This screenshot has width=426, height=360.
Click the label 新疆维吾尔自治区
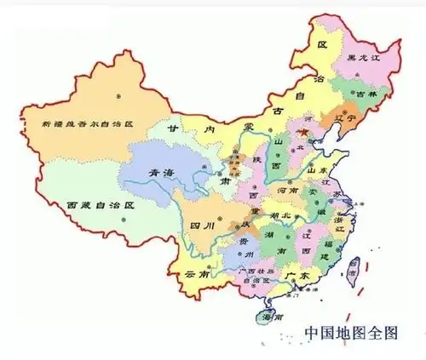(89, 123)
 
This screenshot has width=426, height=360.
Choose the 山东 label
(317, 172)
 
